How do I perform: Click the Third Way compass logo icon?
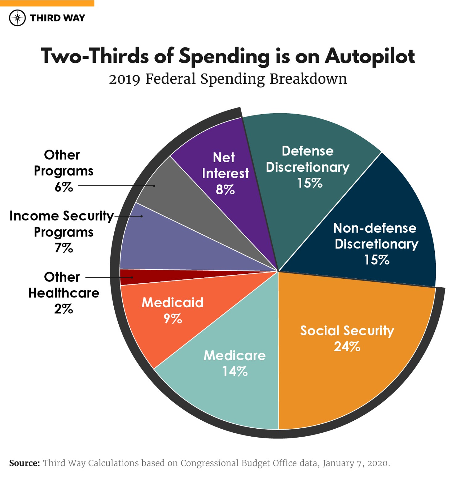[17, 18]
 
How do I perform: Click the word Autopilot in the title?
[369, 56]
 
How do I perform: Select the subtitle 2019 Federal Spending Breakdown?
[228, 79]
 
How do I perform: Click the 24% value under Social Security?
[347, 347]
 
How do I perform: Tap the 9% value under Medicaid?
[173, 319]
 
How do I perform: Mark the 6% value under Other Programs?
[64, 187]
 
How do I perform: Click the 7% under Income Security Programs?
[64, 248]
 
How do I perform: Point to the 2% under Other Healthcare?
[64, 309]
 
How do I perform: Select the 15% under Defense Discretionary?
[309, 183]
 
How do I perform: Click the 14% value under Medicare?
[235, 372]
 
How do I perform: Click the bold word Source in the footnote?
[24, 463]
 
